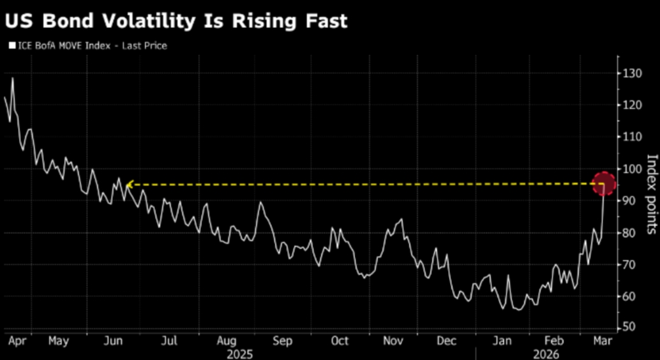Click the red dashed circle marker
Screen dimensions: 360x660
click(x=604, y=184)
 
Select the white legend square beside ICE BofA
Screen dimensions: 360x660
click(x=11, y=45)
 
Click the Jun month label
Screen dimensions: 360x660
click(x=114, y=341)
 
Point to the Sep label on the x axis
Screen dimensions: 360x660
click(x=283, y=341)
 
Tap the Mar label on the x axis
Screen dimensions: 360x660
click(x=600, y=341)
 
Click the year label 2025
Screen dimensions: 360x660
click(x=240, y=353)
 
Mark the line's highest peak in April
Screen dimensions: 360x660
click(x=12, y=79)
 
